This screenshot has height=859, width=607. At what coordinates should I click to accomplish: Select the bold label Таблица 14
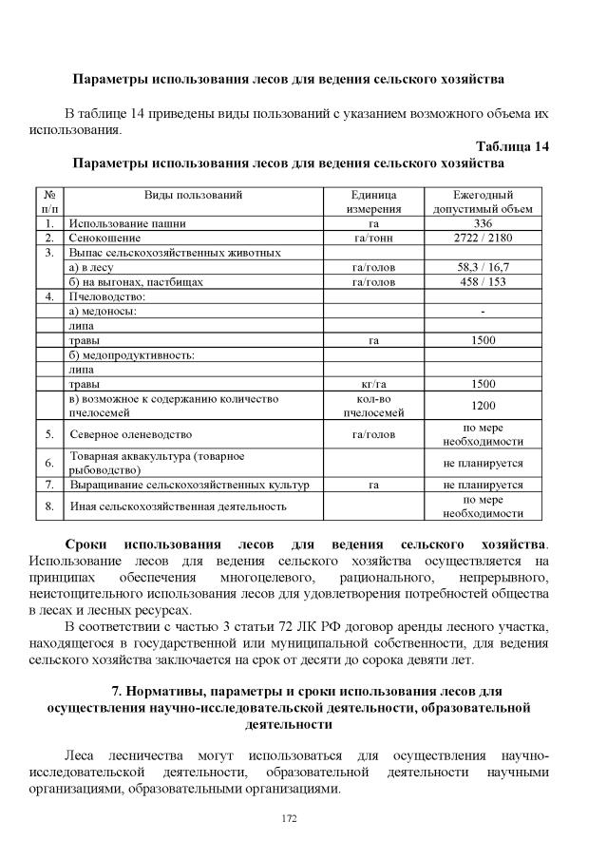(512, 145)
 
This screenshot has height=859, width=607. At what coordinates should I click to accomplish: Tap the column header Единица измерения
(373, 200)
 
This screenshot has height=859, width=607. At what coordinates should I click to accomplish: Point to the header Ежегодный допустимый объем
(483, 200)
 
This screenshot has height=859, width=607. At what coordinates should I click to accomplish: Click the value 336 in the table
(483, 223)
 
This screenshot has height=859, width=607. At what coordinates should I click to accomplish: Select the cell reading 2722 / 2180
(483, 238)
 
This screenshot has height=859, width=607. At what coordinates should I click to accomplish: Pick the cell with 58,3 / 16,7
(483, 268)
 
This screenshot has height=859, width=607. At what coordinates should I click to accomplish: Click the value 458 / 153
(483, 282)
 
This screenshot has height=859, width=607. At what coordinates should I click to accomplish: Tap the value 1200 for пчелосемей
(483, 406)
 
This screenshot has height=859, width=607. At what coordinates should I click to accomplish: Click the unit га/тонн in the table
(373, 238)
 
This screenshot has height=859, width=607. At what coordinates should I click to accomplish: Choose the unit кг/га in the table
(373, 384)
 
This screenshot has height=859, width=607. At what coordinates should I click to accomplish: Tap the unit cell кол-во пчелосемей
(373, 406)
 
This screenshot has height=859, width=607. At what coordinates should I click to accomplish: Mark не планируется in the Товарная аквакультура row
(483, 463)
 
